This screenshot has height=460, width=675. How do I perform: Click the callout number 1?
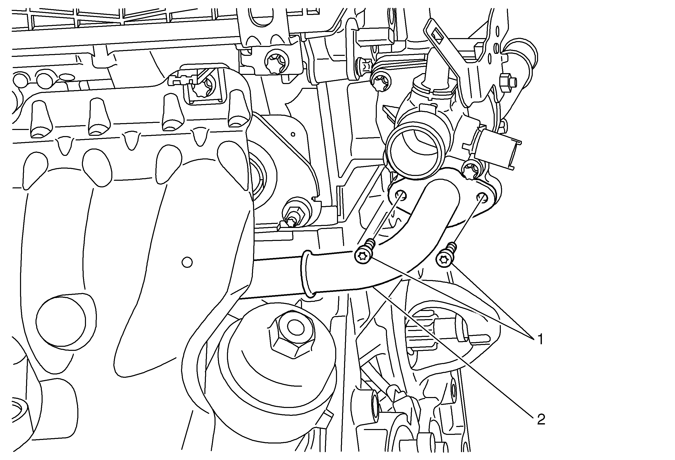(x=540, y=339)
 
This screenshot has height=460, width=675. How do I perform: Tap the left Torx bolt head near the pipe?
(x=362, y=256)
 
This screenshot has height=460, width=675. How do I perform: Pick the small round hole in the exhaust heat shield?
(x=187, y=262)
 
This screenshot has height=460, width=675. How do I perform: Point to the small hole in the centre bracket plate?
(x=293, y=134)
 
